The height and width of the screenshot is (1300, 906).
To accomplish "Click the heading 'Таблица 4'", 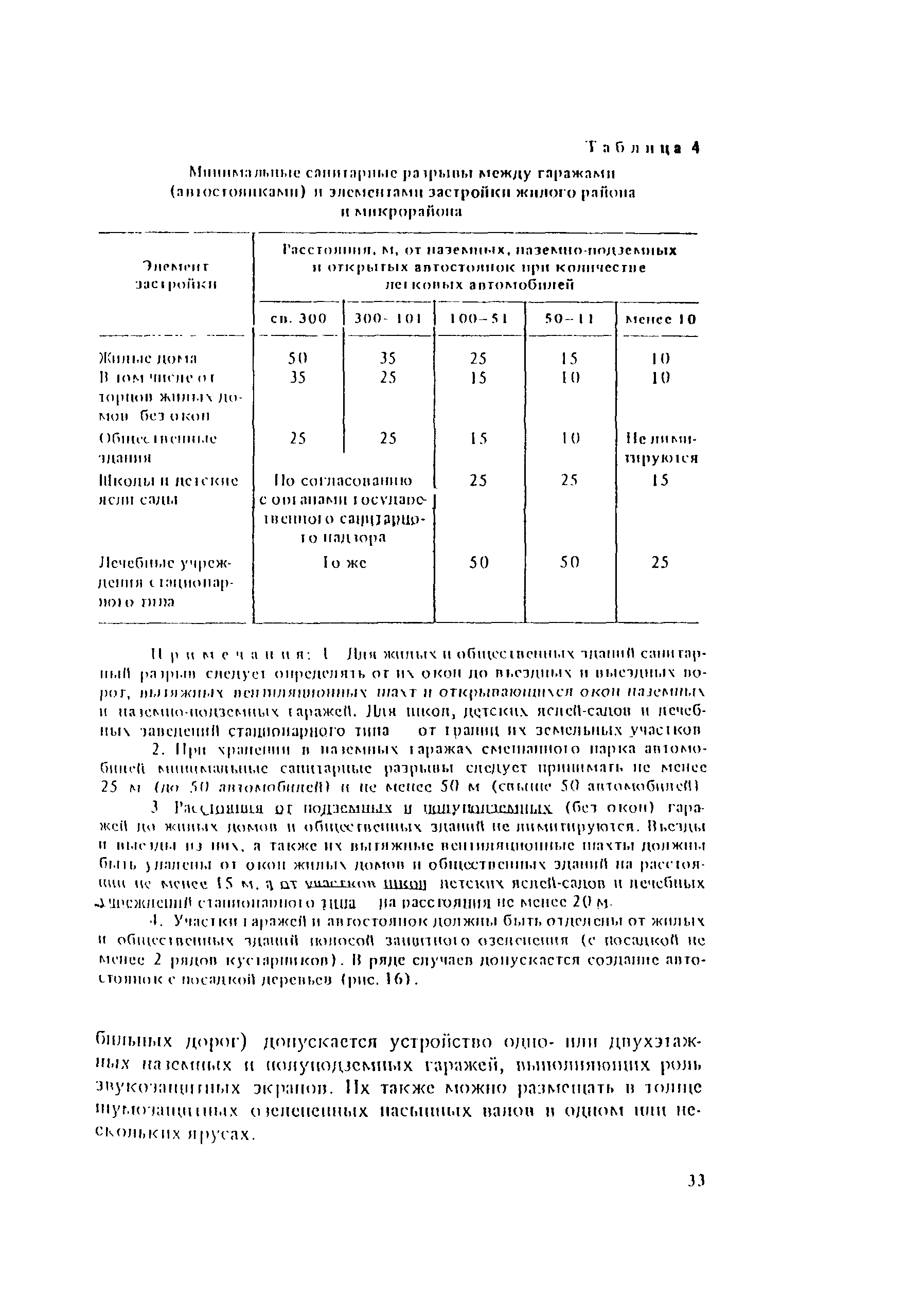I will click(x=642, y=148).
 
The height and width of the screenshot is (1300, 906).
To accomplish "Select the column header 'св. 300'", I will click(x=298, y=319).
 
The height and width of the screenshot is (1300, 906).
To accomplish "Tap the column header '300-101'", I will click(x=388, y=319).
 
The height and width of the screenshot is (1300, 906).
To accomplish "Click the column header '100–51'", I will click(x=478, y=319).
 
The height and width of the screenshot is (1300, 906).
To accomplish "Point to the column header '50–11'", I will click(x=569, y=319).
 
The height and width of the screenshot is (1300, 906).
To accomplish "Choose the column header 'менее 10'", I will click(x=660, y=319).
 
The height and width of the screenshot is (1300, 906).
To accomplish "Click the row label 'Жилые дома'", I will click(x=147, y=359).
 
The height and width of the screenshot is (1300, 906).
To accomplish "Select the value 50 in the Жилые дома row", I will click(x=298, y=359).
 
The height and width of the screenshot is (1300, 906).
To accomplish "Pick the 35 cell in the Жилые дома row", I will click(x=388, y=359).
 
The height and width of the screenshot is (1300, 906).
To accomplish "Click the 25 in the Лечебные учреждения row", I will click(x=660, y=563).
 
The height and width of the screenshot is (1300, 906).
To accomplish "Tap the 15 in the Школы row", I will click(x=660, y=480).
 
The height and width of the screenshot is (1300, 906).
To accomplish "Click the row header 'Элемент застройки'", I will click(x=175, y=274).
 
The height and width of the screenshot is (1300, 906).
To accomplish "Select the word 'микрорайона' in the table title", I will click(x=409, y=212).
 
